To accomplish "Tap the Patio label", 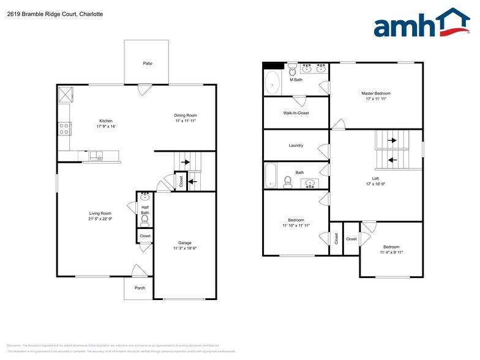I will pos(148,63).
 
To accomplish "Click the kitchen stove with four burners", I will pos(64,129).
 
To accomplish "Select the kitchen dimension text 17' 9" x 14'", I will pos(106,127).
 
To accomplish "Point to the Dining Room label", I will pos(186,116).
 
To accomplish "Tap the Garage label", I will pos(185,243).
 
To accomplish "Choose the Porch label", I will pos(140,288).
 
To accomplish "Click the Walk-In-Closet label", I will pos(296,113).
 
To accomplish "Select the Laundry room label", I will pos(296,146).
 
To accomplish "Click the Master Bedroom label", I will pos(375,93).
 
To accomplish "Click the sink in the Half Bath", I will pos(145,197).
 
